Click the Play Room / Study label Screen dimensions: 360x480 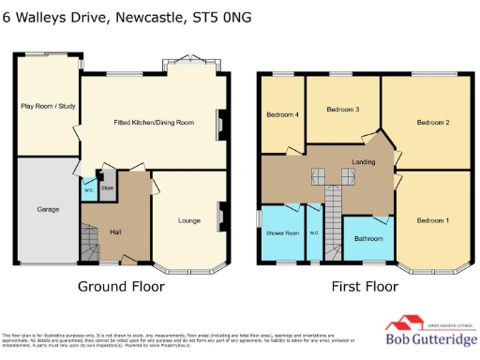[46, 106]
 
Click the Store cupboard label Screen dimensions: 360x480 [107, 187]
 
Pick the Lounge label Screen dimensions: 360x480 [190, 220]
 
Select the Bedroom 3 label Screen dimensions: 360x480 [342, 110]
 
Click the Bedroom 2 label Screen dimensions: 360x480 [433, 123]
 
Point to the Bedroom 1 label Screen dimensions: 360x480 [433, 219]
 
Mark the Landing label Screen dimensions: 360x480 [363, 162]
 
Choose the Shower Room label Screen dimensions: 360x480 [283, 232]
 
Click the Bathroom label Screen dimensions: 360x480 [368, 238]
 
